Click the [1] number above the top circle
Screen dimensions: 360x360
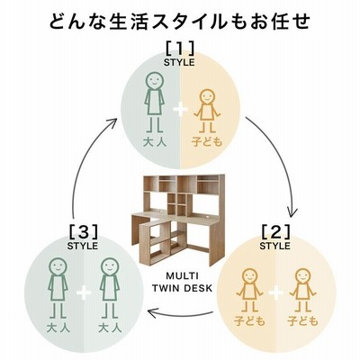[179, 48]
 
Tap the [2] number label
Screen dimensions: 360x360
[275, 231]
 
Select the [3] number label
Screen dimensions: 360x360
[83, 231]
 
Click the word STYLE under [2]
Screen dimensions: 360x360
[275, 246]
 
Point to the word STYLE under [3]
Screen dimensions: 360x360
[83, 246]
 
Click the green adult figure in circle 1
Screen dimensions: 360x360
[154, 103]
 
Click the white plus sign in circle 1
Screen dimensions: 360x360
[180, 110]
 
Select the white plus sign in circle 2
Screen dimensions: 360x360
[276, 292]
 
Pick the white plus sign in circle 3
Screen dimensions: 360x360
[84, 292]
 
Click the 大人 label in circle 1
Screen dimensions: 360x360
[155, 142]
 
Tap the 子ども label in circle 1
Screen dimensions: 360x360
[207, 142]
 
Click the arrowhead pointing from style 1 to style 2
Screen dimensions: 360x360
[292, 212]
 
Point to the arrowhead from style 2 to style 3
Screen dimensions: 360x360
[152, 313]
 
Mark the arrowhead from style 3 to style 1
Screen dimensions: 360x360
[112, 123]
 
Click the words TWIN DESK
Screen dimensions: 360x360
[182, 288]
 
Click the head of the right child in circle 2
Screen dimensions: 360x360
[302, 277]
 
